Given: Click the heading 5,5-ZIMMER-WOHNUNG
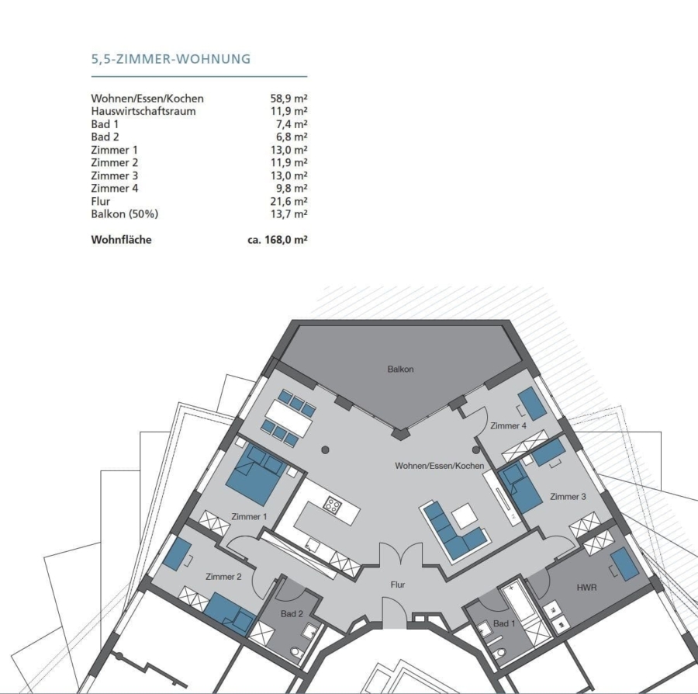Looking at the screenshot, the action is pyautogui.click(x=171, y=59).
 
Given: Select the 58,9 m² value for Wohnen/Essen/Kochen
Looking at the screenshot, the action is pyautogui.click(x=289, y=98).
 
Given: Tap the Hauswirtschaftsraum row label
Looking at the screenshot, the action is pyautogui.click(x=143, y=111).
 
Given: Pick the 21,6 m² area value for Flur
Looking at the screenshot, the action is pyautogui.click(x=289, y=201).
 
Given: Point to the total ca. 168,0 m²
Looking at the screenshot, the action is pyautogui.click(x=278, y=240).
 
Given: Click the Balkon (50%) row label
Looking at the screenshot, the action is pyautogui.click(x=125, y=214).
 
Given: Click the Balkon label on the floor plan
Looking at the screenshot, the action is pyautogui.click(x=400, y=369).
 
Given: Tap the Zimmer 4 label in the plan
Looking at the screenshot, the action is pyautogui.click(x=508, y=425).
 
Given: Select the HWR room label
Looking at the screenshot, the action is pyautogui.click(x=586, y=588).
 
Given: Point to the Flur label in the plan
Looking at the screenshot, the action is pyautogui.click(x=398, y=585).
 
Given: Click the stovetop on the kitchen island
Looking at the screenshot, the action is pyautogui.click(x=332, y=505).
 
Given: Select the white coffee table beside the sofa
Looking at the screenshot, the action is pyautogui.click(x=465, y=515).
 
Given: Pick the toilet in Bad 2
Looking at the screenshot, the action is pyautogui.click(x=296, y=652).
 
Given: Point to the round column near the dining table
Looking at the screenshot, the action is pyautogui.click(x=326, y=450).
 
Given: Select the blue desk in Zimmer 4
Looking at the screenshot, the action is pyautogui.click(x=533, y=403).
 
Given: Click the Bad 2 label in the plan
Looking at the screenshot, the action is pyautogui.click(x=292, y=614).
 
